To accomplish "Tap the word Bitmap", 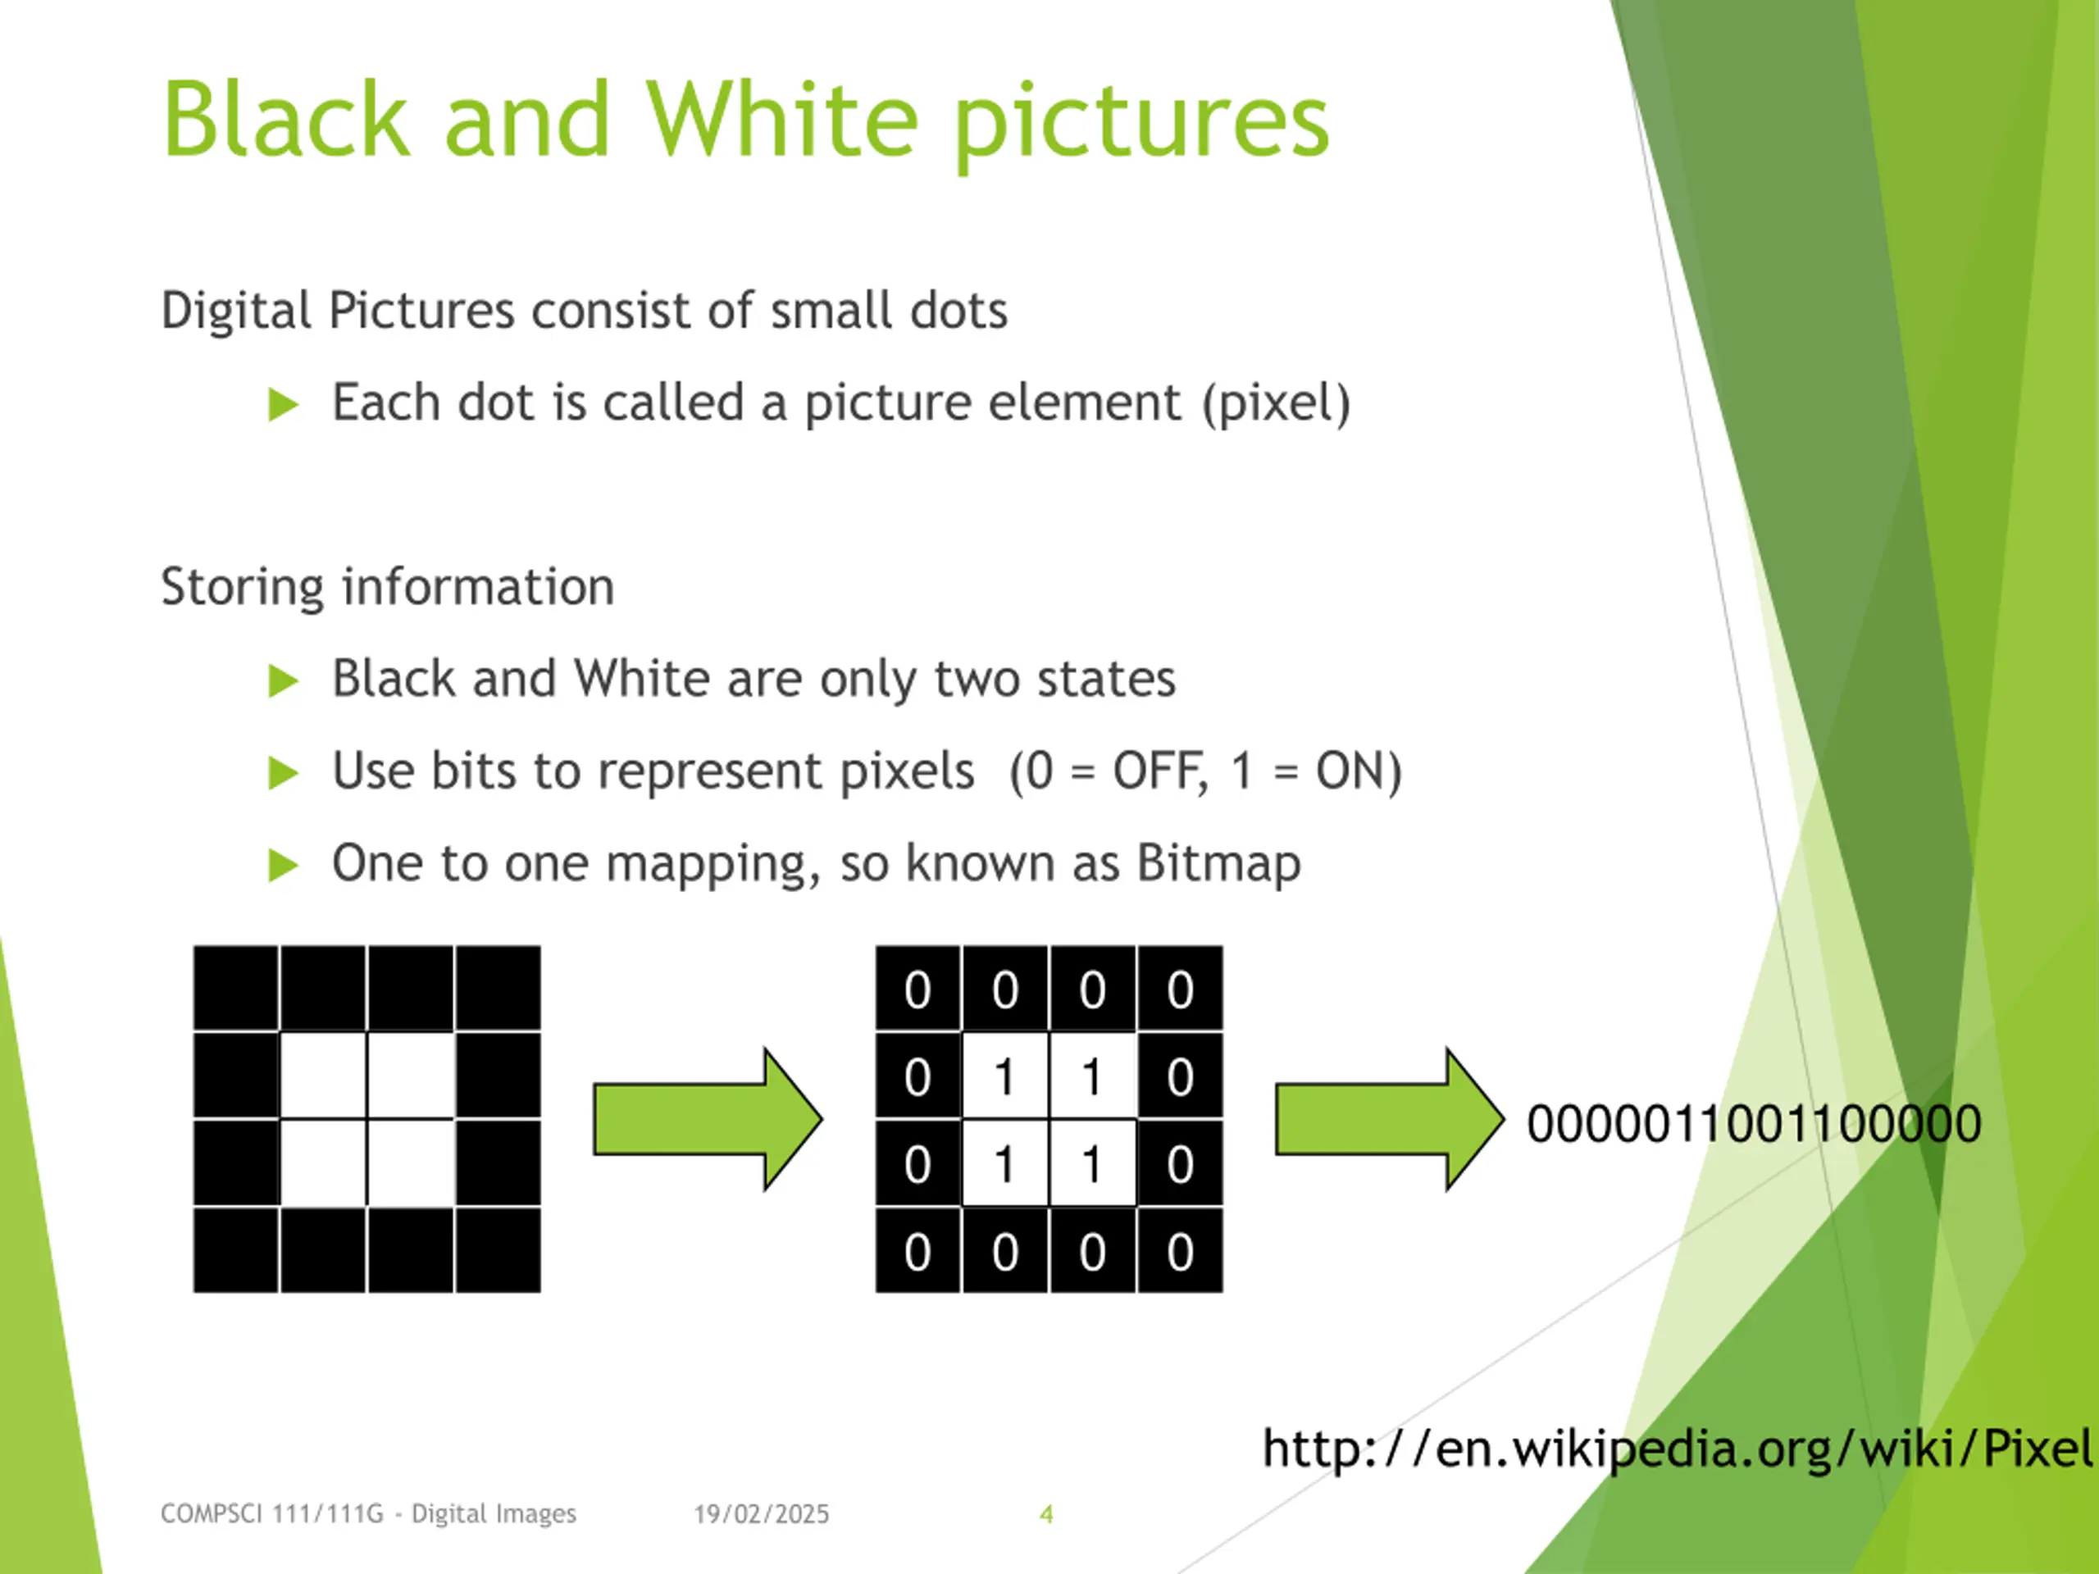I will (x=1218, y=864).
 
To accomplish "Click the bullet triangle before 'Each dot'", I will (x=283, y=405).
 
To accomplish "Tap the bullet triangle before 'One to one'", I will (x=283, y=865).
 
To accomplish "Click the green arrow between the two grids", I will (x=706, y=1120).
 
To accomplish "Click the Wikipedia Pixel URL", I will (x=1676, y=1449).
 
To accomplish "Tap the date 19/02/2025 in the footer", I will (x=761, y=1514).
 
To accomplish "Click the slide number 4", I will (x=1045, y=1514).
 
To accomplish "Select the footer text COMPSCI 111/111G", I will (x=271, y=1514).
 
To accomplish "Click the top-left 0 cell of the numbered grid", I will (x=917, y=989).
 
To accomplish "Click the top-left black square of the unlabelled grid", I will (x=236, y=988).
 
